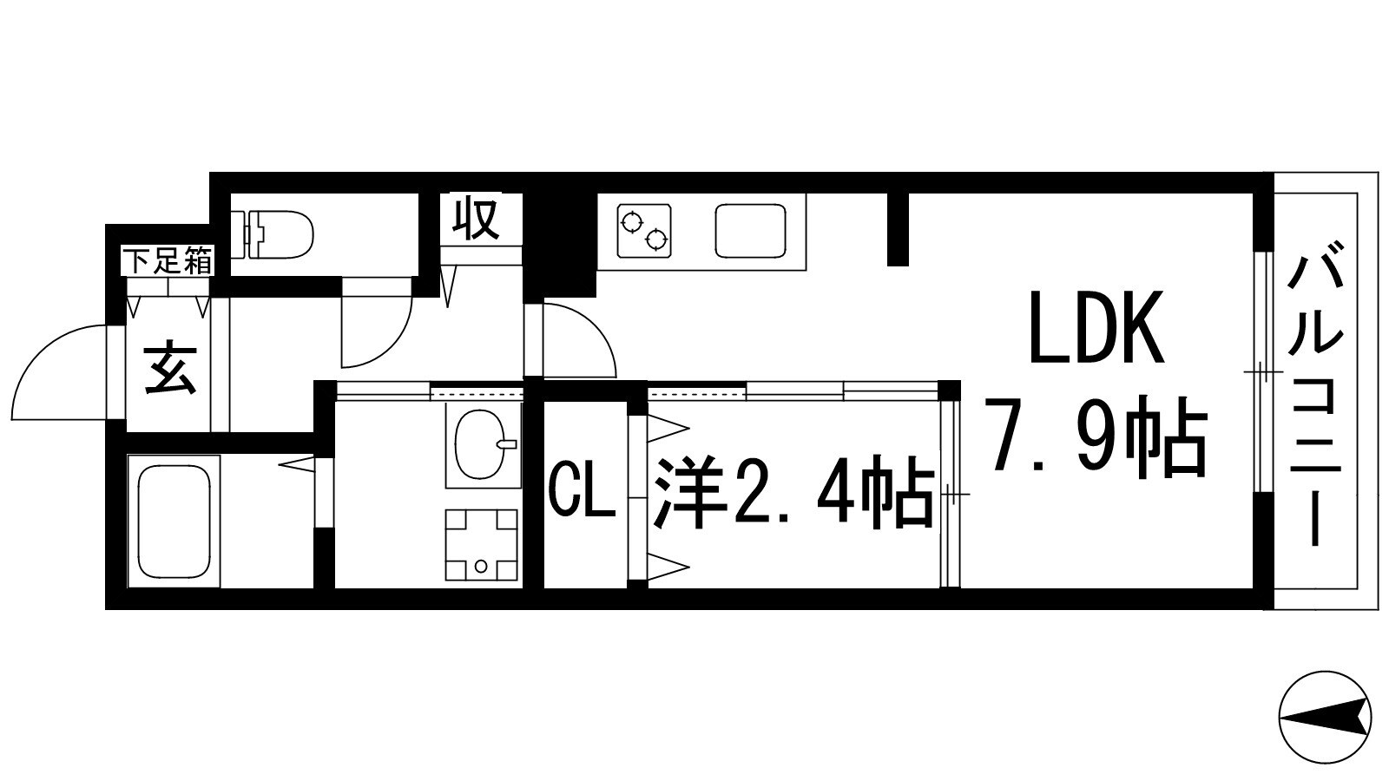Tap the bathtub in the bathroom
[x=174, y=521]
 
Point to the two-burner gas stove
[x=645, y=230]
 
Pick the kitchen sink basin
[x=749, y=230]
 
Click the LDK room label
[x=1096, y=328]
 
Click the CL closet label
[x=583, y=496]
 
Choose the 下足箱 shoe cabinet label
[x=168, y=260]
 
